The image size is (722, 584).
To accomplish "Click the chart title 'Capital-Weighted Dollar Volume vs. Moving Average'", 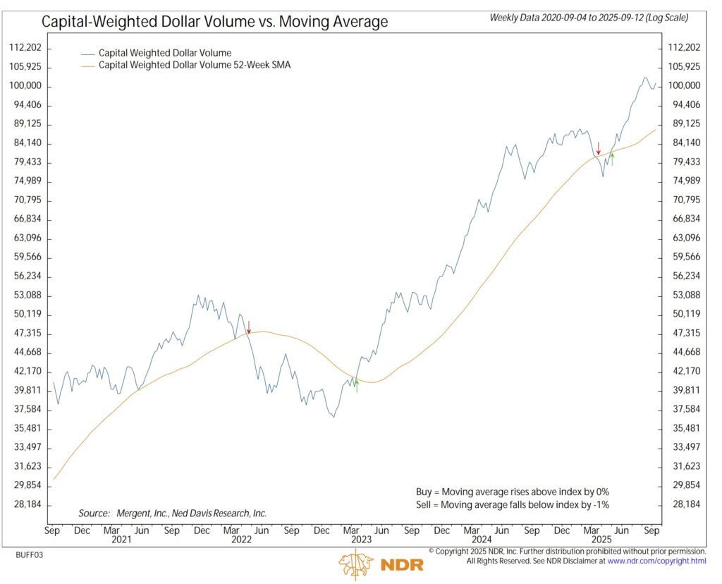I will [x=214, y=22].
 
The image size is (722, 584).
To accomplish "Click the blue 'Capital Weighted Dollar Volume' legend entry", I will [x=165, y=53].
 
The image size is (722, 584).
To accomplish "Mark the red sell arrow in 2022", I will [x=248, y=327].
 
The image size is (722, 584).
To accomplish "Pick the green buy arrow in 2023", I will [x=357, y=385].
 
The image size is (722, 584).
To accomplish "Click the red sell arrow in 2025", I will [x=599, y=148].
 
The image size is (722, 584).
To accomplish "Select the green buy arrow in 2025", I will [x=612, y=159].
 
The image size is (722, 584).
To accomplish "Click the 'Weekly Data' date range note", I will [x=589, y=18].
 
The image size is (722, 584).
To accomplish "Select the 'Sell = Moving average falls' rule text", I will [x=512, y=505].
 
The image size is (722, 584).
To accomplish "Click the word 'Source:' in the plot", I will [x=94, y=513].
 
